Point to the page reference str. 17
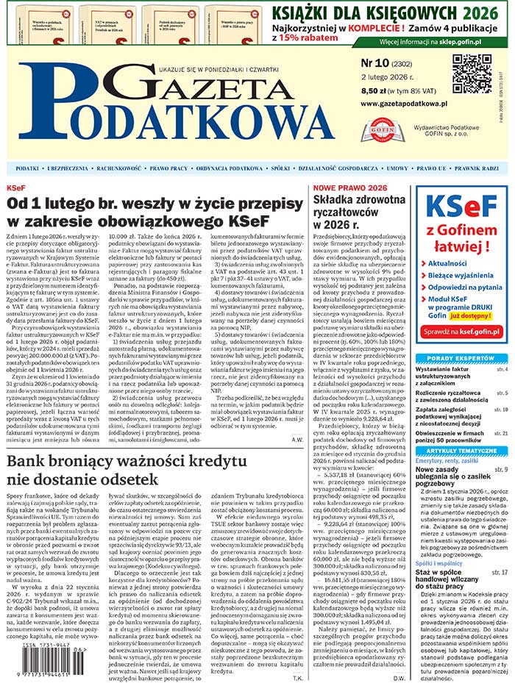click(500, 571)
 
